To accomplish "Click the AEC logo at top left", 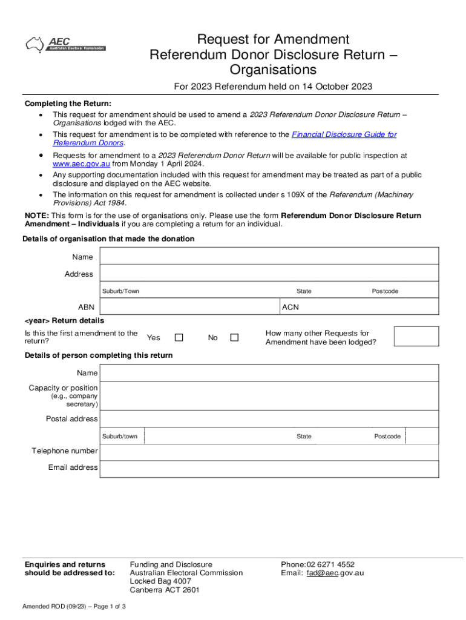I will [65, 44].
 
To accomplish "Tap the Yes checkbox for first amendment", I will [179, 338].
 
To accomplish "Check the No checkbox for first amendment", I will [234, 338].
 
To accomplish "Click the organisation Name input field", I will [269, 257].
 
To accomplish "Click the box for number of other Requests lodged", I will [416, 337].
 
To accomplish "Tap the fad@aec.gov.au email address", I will [335, 573].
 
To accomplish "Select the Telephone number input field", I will [269, 452].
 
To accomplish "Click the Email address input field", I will [269, 468].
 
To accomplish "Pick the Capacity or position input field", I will [269, 396].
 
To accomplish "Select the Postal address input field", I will [269, 419].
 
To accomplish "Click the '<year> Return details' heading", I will [64, 320].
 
